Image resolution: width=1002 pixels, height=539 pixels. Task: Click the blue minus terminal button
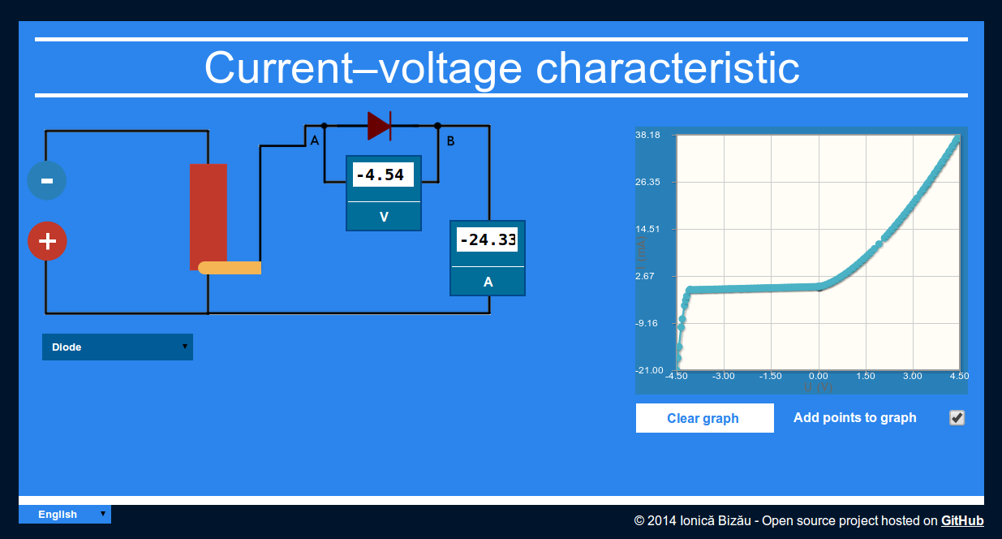click(x=47, y=181)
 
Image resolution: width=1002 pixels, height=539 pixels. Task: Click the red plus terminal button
click(x=47, y=241)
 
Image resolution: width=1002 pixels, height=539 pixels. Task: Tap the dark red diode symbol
click(x=379, y=126)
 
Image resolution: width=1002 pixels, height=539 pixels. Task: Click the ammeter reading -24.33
click(x=488, y=240)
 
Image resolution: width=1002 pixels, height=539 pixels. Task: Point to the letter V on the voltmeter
click(x=384, y=217)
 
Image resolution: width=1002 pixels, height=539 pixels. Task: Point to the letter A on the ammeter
click(x=488, y=282)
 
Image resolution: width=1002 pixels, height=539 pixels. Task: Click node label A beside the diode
click(x=315, y=141)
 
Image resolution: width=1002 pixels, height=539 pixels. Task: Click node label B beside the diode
click(x=451, y=141)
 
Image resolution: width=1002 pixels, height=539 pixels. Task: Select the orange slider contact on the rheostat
click(x=230, y=268)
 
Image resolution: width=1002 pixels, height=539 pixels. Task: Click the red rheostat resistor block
click(x=209, y=216)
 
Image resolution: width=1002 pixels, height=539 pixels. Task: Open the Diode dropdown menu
click(x=118, y=347)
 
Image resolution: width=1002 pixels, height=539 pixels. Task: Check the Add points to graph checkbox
click(x=957, y=418)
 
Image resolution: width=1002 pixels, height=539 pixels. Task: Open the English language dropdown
click(x=65, y=514)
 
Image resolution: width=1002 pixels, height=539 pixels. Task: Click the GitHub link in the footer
click(x=962, y=520)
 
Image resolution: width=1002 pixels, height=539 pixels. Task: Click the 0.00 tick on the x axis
click(x=819, y=377)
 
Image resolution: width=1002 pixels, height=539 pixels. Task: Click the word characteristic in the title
click(x=668, y=67)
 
